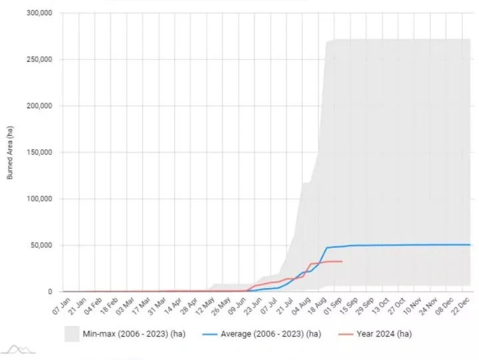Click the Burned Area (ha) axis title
click(x=9, y=152)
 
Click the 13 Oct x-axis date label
click(x=379, y=305)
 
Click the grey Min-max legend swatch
click(x=73, y=333)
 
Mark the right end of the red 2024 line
click(x=342, y=261)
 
